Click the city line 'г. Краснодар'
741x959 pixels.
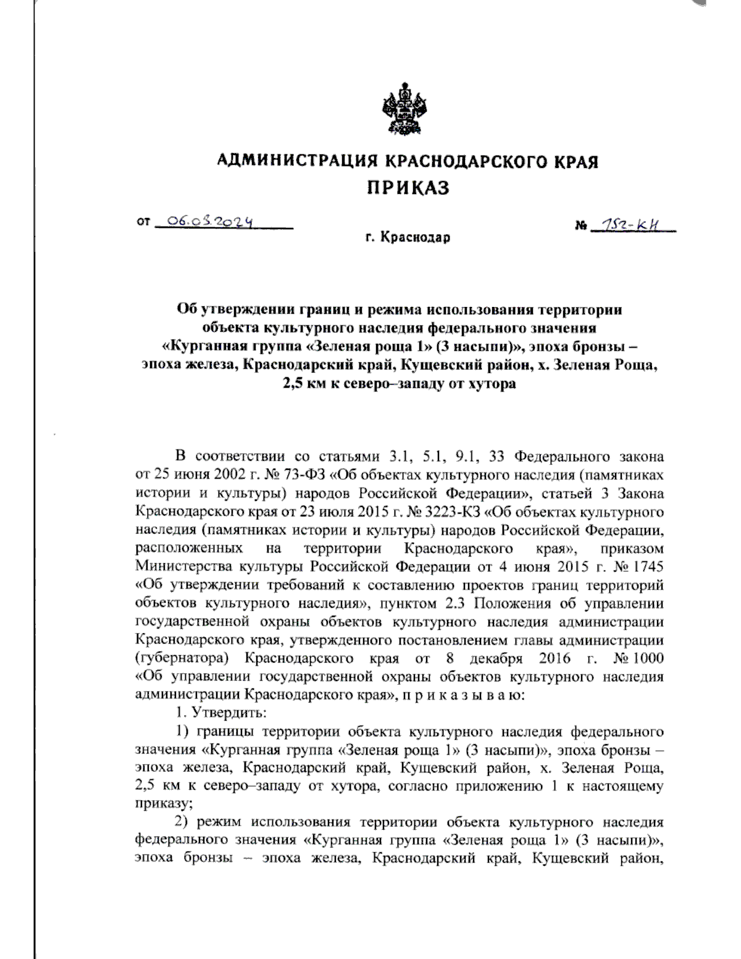(408, 237)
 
